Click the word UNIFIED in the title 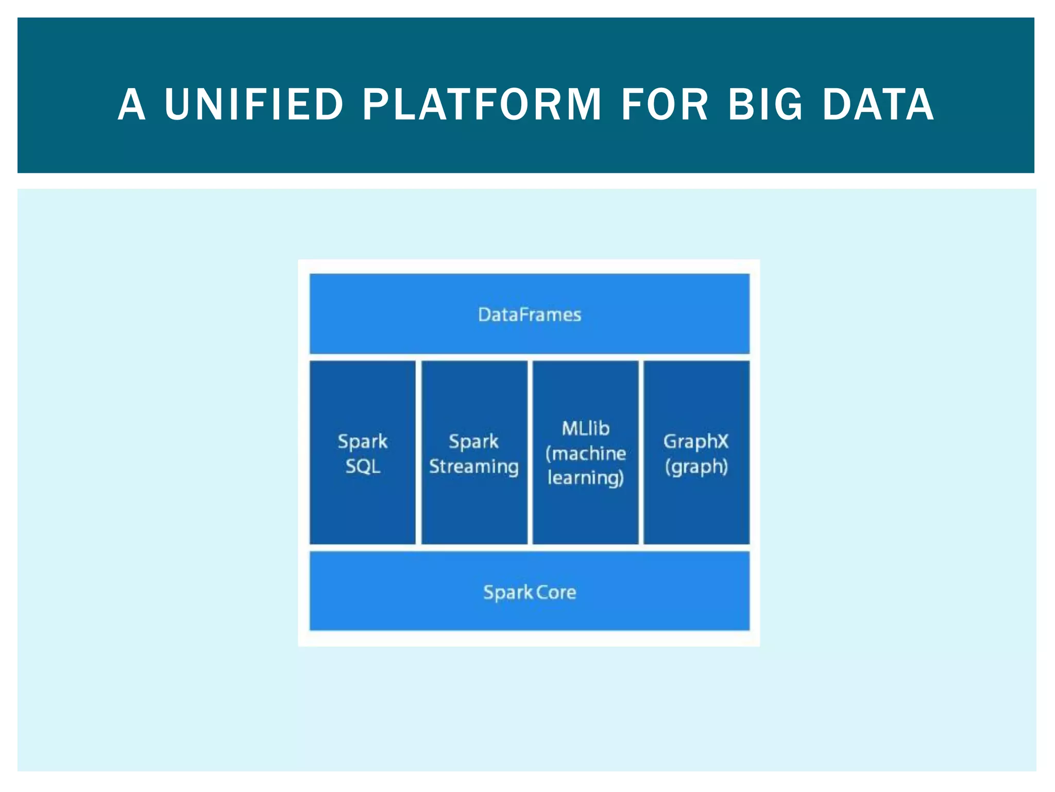point(254,105)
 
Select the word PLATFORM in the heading point(482,105)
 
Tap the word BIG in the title point(765,105)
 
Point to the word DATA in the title point(878,105)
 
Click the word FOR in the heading point(665,105)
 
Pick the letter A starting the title point(131,105)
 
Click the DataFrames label point(530,315)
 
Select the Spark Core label point(530,592)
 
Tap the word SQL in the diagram point(363,467)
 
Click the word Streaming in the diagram point(474,467)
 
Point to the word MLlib point(586,428)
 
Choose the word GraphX point(696,441)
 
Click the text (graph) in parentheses point(696,467)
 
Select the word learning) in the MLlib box point(586,478)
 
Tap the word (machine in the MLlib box point(586,453)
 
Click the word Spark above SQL point(363,441)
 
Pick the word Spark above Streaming point(474,441)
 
